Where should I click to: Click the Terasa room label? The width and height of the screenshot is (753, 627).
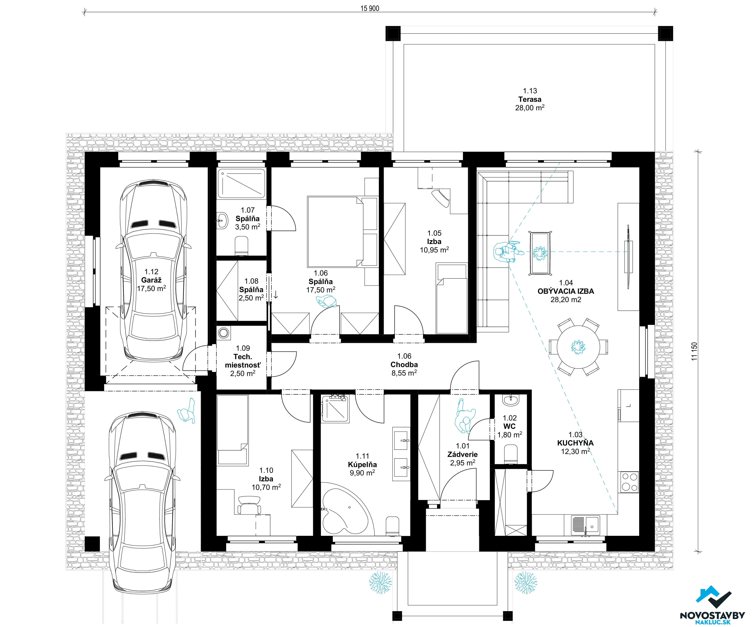(530, 99)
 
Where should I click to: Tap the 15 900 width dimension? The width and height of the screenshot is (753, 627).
(370, 8)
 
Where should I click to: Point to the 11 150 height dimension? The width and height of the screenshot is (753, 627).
(695, 351)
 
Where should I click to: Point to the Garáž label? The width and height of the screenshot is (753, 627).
(151, 280)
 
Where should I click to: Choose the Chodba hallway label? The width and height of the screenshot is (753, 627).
(404, 365)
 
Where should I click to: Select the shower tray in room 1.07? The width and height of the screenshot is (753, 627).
(242, 184)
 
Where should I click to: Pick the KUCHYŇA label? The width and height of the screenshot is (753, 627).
(575, 443)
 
